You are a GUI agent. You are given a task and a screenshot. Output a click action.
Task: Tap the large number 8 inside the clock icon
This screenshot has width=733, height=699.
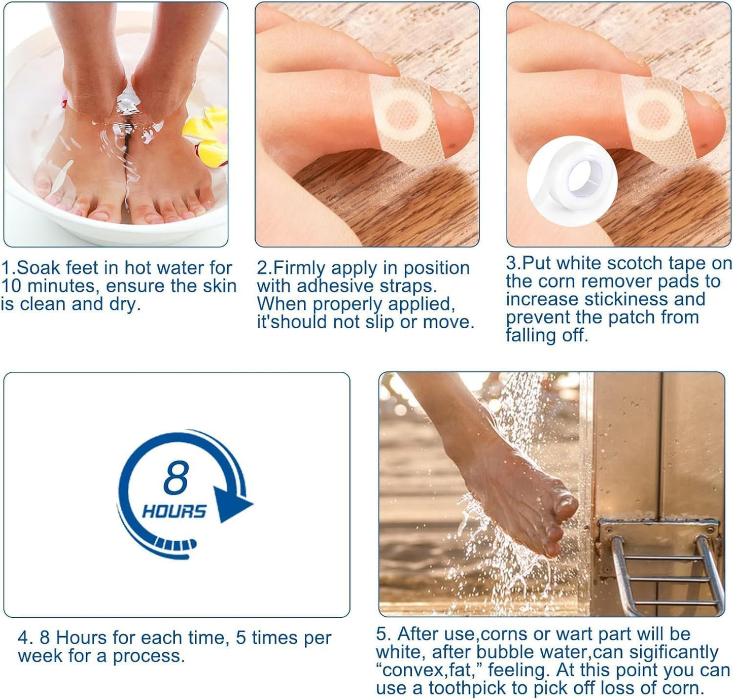click(176, 477)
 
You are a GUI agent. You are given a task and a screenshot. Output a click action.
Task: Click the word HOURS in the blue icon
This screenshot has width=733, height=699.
click(174, 511)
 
